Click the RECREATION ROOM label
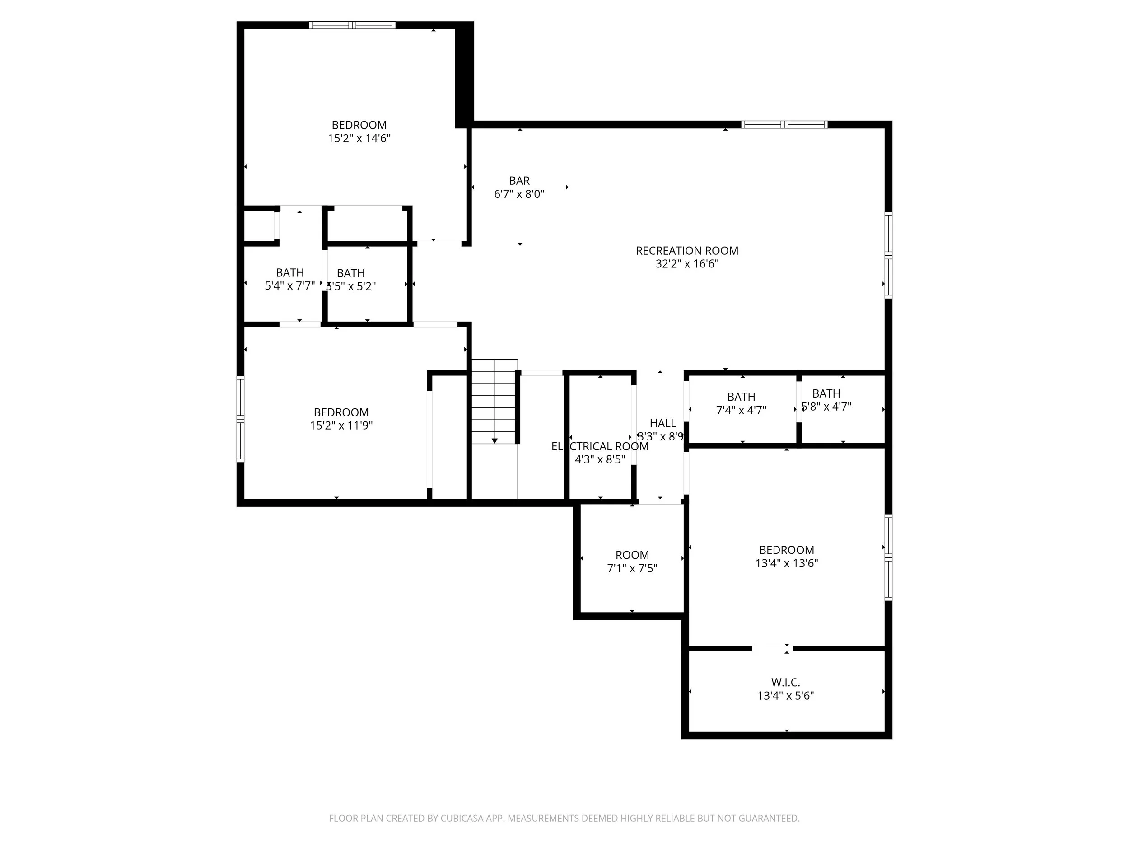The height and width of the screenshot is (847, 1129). (686, 251)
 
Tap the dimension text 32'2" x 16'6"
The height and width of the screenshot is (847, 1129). (686, 264)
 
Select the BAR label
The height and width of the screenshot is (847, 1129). (519, 181)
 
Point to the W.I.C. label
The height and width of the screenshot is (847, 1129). (785, 682)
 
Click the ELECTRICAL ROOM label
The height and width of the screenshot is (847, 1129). (600, 446)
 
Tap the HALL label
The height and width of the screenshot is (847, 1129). (662, 423)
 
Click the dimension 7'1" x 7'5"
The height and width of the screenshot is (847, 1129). (632, 568)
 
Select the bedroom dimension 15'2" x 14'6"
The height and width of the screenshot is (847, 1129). (359, 138)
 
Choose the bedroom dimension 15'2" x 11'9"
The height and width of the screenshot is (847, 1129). (341, 425)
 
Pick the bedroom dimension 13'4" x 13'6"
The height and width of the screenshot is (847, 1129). (786, 563)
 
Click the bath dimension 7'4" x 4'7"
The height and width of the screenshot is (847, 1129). (741, 410)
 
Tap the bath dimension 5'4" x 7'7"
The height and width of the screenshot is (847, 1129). (289, 286)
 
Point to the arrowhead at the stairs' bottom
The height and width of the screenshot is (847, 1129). (494, 440)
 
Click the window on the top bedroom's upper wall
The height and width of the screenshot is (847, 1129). (352, 25)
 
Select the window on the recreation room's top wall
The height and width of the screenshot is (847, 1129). (784, 124)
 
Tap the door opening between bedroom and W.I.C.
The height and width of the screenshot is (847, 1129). (772, 648)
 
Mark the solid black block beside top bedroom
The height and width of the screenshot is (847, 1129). (464, 74)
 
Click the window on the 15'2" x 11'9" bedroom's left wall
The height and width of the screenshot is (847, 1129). (240, 419)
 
